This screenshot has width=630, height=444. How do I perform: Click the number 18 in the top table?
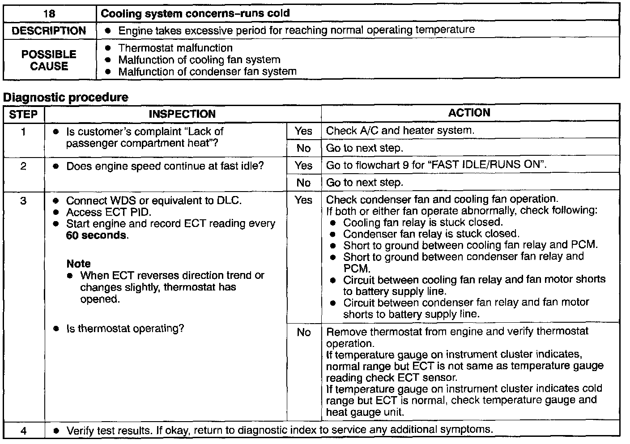tap(49, 13)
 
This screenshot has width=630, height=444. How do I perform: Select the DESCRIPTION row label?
tap(49, 31)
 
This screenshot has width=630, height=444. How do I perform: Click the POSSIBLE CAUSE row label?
tap(49, 60)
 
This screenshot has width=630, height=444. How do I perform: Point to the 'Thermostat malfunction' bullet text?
tap(175, 48)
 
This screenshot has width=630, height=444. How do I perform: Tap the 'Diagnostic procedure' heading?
tap(66, 98)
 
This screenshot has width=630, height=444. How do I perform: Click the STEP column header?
tap(23, 114)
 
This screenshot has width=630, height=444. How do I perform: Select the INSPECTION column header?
tap(182, 114)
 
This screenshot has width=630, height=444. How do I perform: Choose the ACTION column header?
tap(469, 113)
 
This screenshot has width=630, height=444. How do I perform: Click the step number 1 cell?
tap(23, 132)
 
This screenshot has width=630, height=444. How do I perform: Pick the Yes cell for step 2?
tap(303, 166)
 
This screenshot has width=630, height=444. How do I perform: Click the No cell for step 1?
tap(303, 148)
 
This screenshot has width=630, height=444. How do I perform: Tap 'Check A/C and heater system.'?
tap(400, 131)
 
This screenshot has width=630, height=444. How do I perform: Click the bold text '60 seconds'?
tap(96, 235)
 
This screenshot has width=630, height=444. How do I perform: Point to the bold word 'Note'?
tap(78, 264)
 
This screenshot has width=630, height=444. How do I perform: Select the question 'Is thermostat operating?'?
tap(125, 329)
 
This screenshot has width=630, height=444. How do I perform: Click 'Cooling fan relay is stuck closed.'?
tap(423, 222)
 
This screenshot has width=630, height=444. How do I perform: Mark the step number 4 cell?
tap(23, 431)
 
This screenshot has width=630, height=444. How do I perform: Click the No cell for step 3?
tap(303, 332)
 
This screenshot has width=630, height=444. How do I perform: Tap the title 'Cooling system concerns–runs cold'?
tap(195, 13)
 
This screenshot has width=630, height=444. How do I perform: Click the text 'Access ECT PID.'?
tap(109, 212)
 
